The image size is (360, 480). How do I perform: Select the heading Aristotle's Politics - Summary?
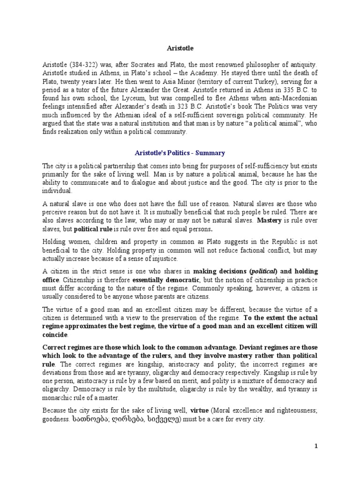coord(180,153)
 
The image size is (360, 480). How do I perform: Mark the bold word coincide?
coord(55,335)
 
